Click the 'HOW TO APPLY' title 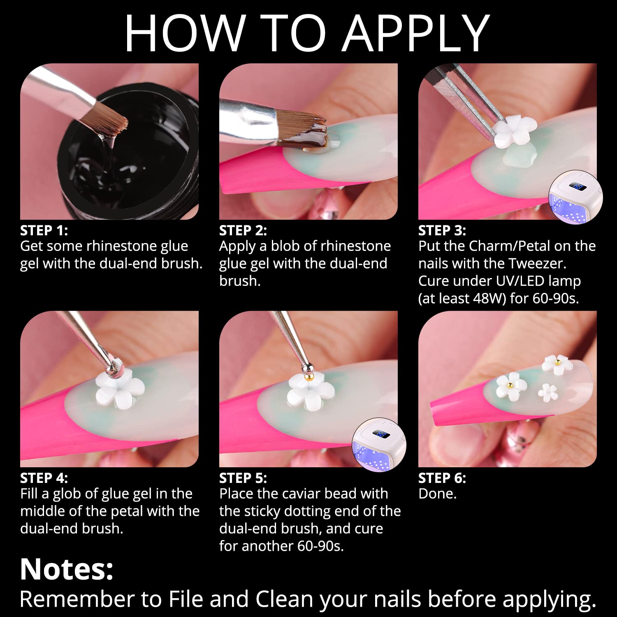(307, 33)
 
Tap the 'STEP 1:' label (44, 230)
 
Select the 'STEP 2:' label (243, 230)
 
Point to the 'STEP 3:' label (442, 230)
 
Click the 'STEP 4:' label (44, 478)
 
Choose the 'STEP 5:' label (243, 478)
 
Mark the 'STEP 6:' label (442, 478)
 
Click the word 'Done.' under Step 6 (438, 494)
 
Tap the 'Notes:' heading (67, 569)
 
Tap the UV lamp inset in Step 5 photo (379, 445)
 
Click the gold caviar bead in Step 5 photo (308, 376)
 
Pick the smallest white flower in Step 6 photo (547, 392)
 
